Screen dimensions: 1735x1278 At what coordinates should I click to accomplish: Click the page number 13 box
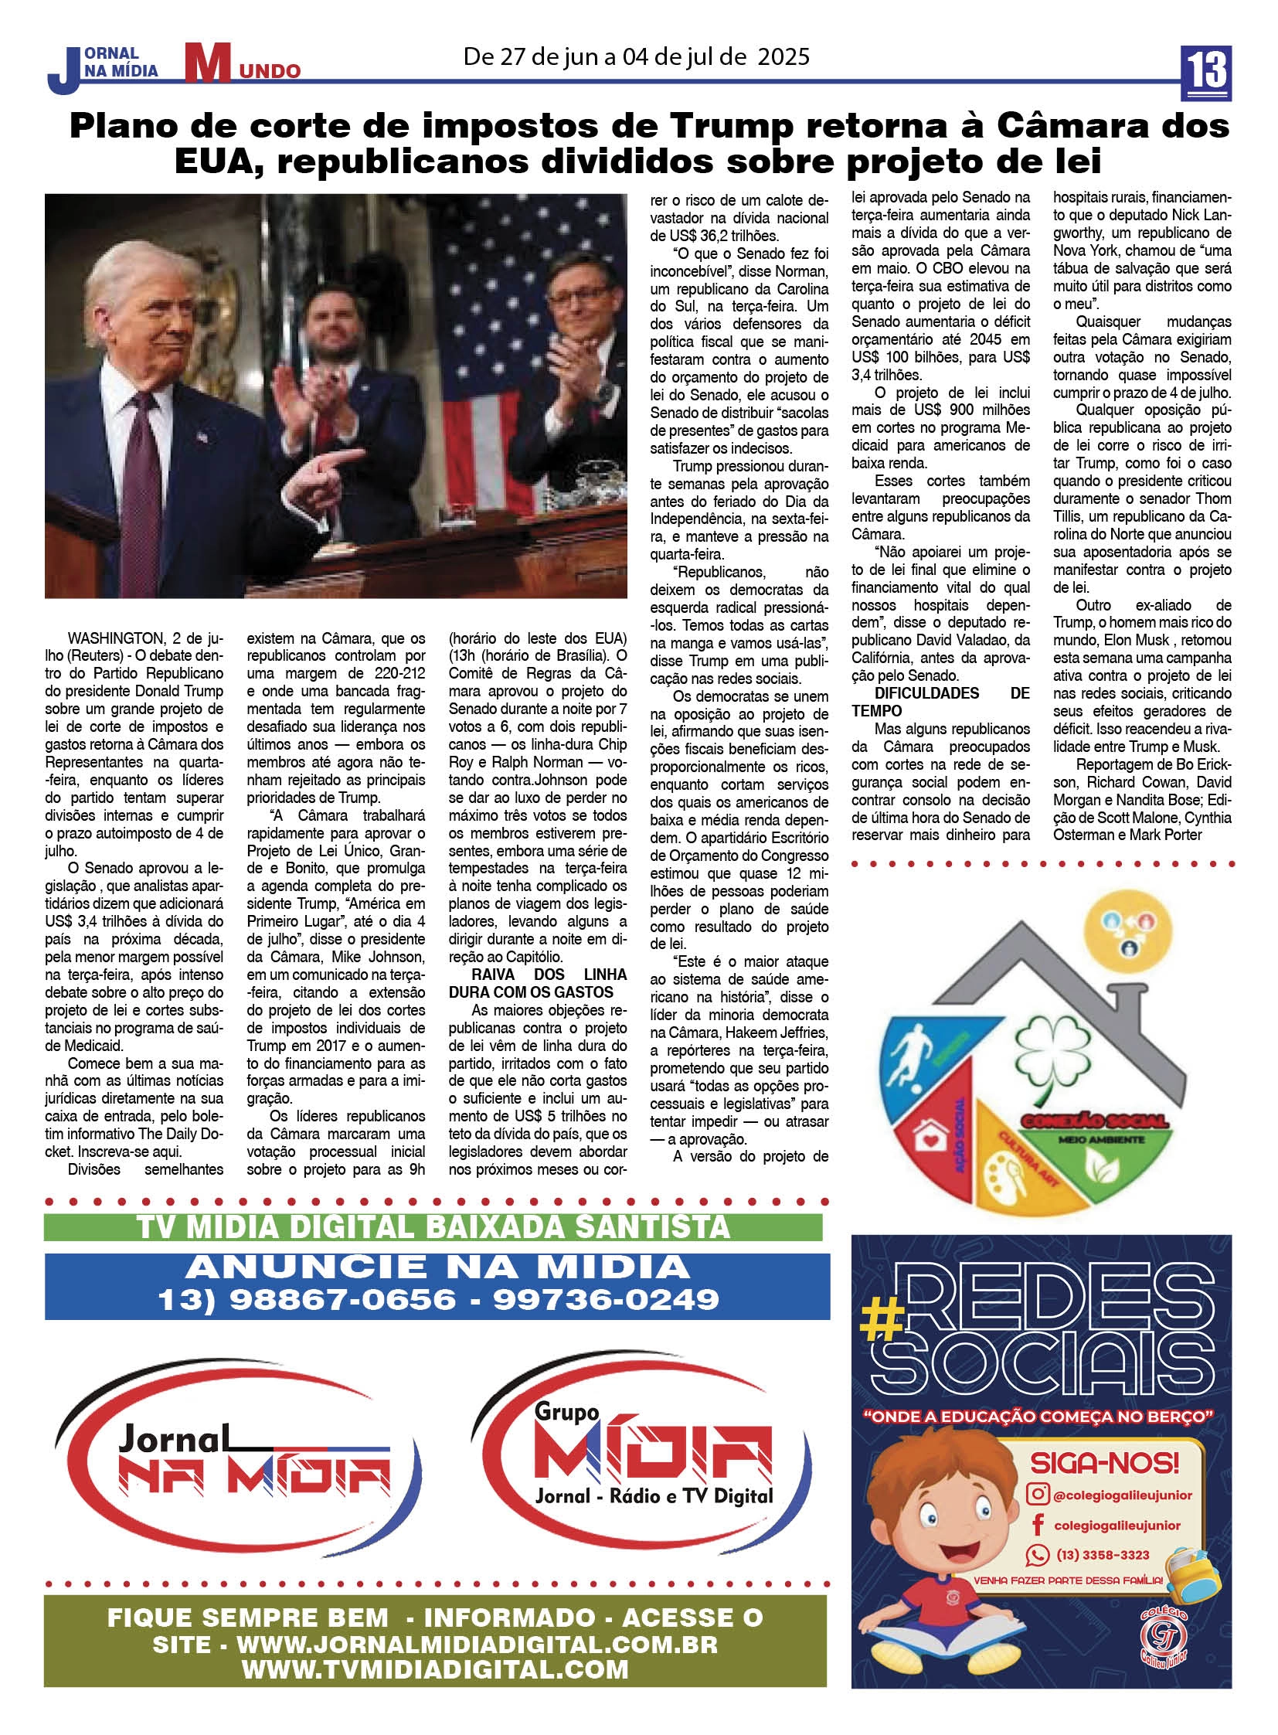point(1207,72)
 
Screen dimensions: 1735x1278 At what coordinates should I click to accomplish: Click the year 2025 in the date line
point(783,56)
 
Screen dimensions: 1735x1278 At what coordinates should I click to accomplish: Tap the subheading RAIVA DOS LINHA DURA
point(538,983)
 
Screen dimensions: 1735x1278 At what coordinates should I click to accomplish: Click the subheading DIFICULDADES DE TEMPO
point(940,702)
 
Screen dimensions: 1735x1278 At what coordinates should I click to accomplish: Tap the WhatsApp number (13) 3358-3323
point(1103,1555)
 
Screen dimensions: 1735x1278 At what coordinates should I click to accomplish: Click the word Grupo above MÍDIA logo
point(566,1411)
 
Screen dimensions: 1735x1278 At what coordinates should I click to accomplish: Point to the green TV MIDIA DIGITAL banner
point(433,1227)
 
